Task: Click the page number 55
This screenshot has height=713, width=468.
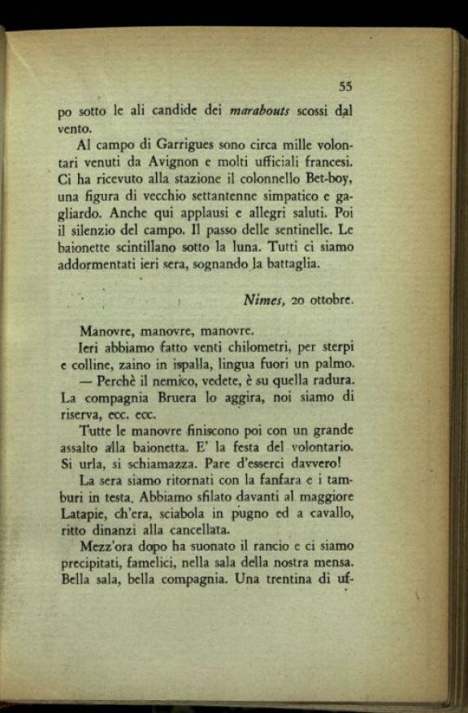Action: click(x=345, y=87)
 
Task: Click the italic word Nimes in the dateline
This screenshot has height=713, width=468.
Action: click(x=262, y=300)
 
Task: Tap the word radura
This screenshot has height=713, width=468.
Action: click(x=332, y=380)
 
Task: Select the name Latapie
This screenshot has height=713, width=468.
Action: click(x=84, y=514)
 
